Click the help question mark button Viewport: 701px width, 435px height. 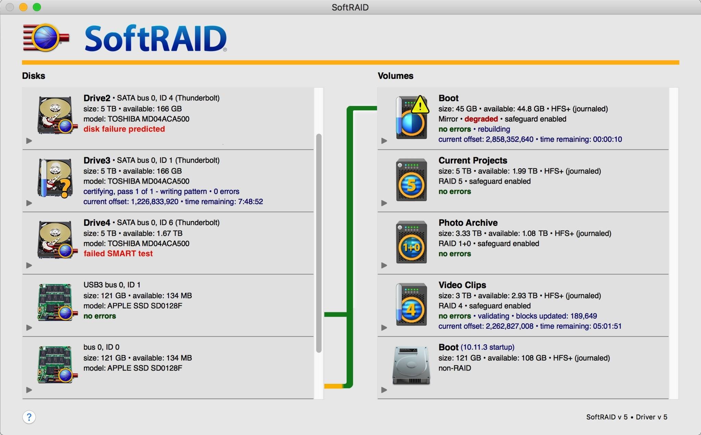click(29, 417)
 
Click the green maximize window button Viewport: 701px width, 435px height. click(37, 7)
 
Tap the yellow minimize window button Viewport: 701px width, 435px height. click(23, 7)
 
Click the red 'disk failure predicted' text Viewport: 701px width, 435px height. click(124, 129)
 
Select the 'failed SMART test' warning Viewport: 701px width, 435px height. click(118, 253)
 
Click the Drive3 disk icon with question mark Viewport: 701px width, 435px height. click(55, 178)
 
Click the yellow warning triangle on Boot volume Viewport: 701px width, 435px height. click(420, 105)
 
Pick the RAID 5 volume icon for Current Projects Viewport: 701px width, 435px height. click(411, 180)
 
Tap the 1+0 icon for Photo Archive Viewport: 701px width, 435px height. click(411, 242)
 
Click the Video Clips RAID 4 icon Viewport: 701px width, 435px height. click(411, 304)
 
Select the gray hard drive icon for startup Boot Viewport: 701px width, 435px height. click(411, 365)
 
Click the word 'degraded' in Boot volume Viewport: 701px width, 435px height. click(481, 119)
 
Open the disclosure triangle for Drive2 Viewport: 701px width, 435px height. click(29, 141)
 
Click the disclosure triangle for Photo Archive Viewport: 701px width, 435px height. click(384, 265)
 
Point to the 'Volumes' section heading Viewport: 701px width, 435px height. click(396, 76)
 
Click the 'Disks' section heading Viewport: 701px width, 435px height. click(34, 76)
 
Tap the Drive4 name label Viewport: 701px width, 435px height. click(97, 222)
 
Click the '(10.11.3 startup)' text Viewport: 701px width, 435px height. click(487, 347)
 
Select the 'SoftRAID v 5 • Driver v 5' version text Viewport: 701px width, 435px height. click(627, 417)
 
